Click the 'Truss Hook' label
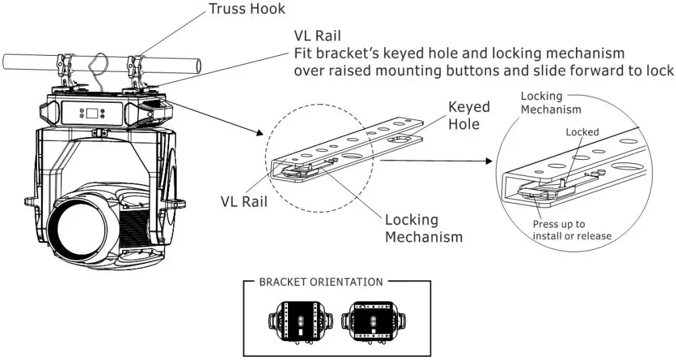click(x=246, y=9)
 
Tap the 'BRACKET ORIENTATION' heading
click(x=320, y=282)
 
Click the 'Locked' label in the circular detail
click(x=582, y=132)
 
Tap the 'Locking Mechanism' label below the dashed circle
click(x=424, y=228)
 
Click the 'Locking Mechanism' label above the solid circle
click(x=541, y=102)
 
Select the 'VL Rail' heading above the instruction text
click(x=318, y=36)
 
